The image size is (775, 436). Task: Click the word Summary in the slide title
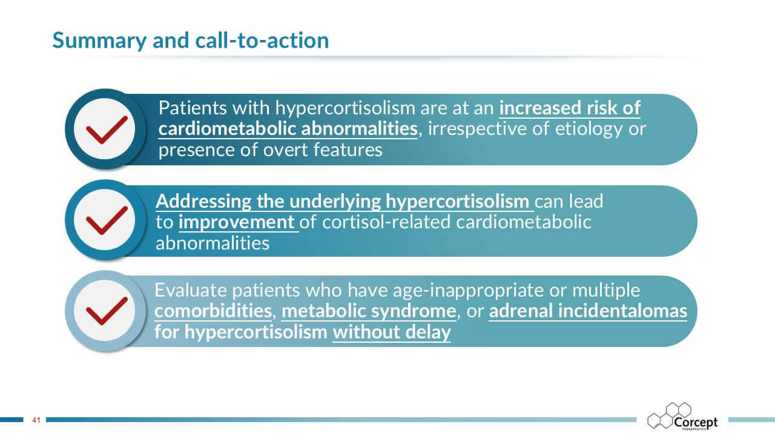click(x=99, y=41)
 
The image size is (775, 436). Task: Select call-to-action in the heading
click(x=262, y=41)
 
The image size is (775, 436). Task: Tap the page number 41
click(x=36, y=420)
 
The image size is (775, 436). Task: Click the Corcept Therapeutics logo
click(x=682, y=416)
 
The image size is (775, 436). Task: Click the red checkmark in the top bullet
click(x=107, y=130)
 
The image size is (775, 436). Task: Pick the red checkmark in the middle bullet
click(x=107, y=220)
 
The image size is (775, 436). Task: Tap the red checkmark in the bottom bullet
click(x=107, y=311)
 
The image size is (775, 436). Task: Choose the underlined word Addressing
click(x=203, y=202)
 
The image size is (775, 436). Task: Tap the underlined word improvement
click(x=236, y=222)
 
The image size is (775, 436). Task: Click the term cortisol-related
click(x=386, y=222)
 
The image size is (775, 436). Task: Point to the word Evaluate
click(x=191, y=290)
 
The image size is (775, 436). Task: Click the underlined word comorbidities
click(x=213, y=311)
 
